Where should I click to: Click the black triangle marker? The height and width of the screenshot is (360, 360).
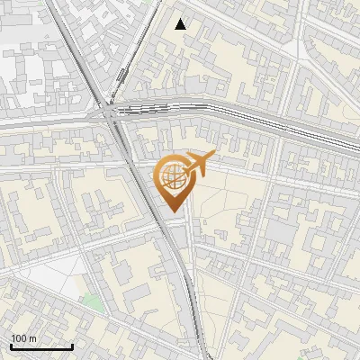pyautogui.click(x=181, y=24)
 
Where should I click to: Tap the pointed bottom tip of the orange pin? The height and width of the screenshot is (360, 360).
pyautogui.click(x=171, y=212)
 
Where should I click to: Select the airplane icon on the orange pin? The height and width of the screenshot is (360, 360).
pyautogui.click(x=197, y=163)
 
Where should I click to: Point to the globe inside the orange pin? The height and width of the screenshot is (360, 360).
pyautogui.click(x=170, y=177)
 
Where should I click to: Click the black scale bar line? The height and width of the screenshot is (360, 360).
pyautogui.click(x=41, y=346)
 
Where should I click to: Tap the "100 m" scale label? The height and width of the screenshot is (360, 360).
pyautogui.click(x=24, y=338)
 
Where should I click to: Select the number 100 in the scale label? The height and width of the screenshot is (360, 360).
pyautogui.click(x=20, y=338)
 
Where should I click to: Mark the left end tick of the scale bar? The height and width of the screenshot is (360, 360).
pyautogui.click(x=11, y=345)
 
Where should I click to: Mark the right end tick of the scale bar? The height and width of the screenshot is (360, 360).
pyautogui.click(x=72, y=345)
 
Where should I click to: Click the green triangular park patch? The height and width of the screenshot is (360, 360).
pyautogui.click(x=93, y=302)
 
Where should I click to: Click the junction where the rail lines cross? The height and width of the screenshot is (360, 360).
pyautogui.click(x=109, y=114)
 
